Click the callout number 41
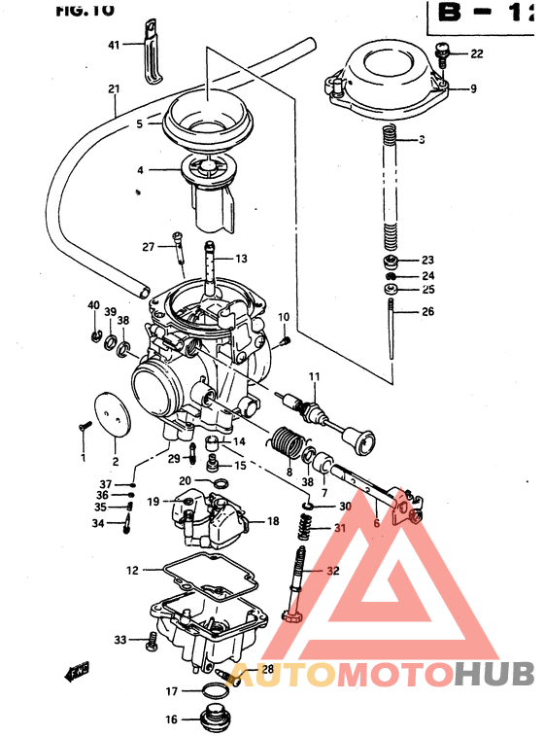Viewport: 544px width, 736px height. [x=113, y=46]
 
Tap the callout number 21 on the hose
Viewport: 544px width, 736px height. [x=114, y=89]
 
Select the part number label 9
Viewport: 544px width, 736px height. [x=473, y=89]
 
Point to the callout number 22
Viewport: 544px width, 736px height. [x=476, y=53]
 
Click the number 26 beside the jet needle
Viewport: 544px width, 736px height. [x=426, y=312]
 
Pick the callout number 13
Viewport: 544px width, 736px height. [x=241, y=259]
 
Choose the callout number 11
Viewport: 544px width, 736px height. [x=314, y=377]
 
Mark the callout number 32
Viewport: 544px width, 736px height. [x=333, y=572]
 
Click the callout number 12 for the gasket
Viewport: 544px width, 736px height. [x=132, y=569]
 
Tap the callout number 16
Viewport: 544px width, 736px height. [x=171, y=720]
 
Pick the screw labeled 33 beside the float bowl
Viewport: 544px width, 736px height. [x=150, y=640]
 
